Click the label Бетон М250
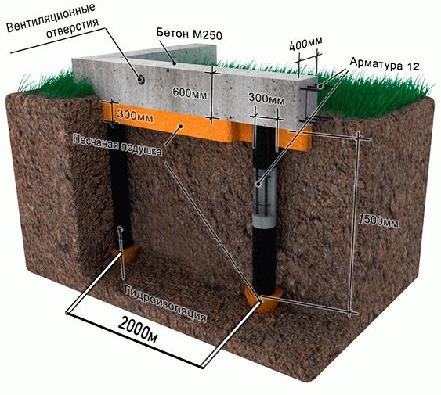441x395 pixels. [x=190, y=34]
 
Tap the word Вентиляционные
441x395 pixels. [x=51, y=18]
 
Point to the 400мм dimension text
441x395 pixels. [x=306, y=44]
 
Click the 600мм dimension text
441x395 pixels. [x=190, y=93]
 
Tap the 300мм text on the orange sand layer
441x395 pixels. [x=136, y=116]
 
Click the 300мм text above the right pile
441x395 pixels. [x=266, y=99]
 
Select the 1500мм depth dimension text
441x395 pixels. [x=378, y=220]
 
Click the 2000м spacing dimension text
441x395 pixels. [x=139, y=329]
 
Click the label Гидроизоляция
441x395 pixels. [x=165, y=304]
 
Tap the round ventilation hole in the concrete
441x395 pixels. [x=141, y=80]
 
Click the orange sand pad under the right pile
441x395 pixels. [x=263, y=300]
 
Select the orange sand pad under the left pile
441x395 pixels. [x=126, y=253]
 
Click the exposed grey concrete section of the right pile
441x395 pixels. [x=264, y=220]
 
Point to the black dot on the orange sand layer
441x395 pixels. [x=182, y=127]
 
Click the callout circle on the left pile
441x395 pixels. [x=121, y=230]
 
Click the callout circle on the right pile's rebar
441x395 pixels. [x=258, y=185]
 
